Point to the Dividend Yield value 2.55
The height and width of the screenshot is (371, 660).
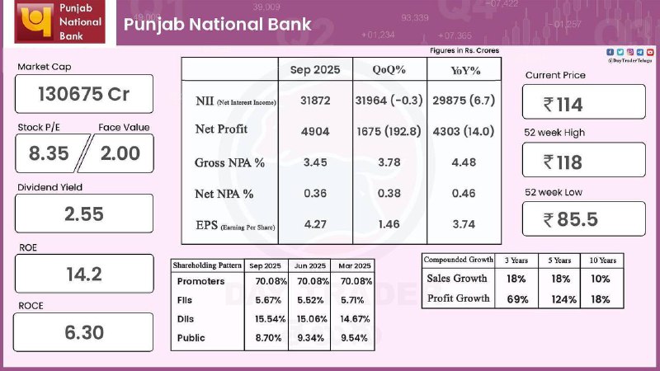[x=84, y=214]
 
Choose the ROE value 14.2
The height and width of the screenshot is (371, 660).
[x=84, y=274]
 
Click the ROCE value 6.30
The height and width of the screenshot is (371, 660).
[x=84, y=333]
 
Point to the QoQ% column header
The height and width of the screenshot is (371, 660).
[x=389, y=70]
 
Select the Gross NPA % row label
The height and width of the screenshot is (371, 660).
[x=229, y=162]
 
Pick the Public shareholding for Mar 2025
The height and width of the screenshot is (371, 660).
[x=356, y=337]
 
